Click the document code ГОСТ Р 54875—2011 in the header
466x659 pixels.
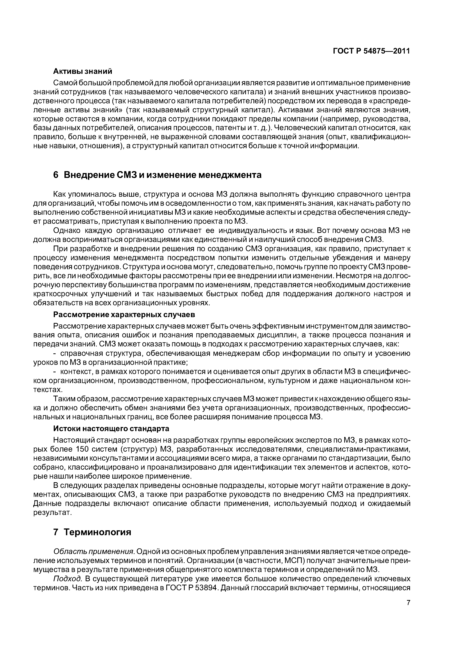pos(371,51)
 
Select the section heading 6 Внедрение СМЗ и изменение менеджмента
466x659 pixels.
pos(157,175)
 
